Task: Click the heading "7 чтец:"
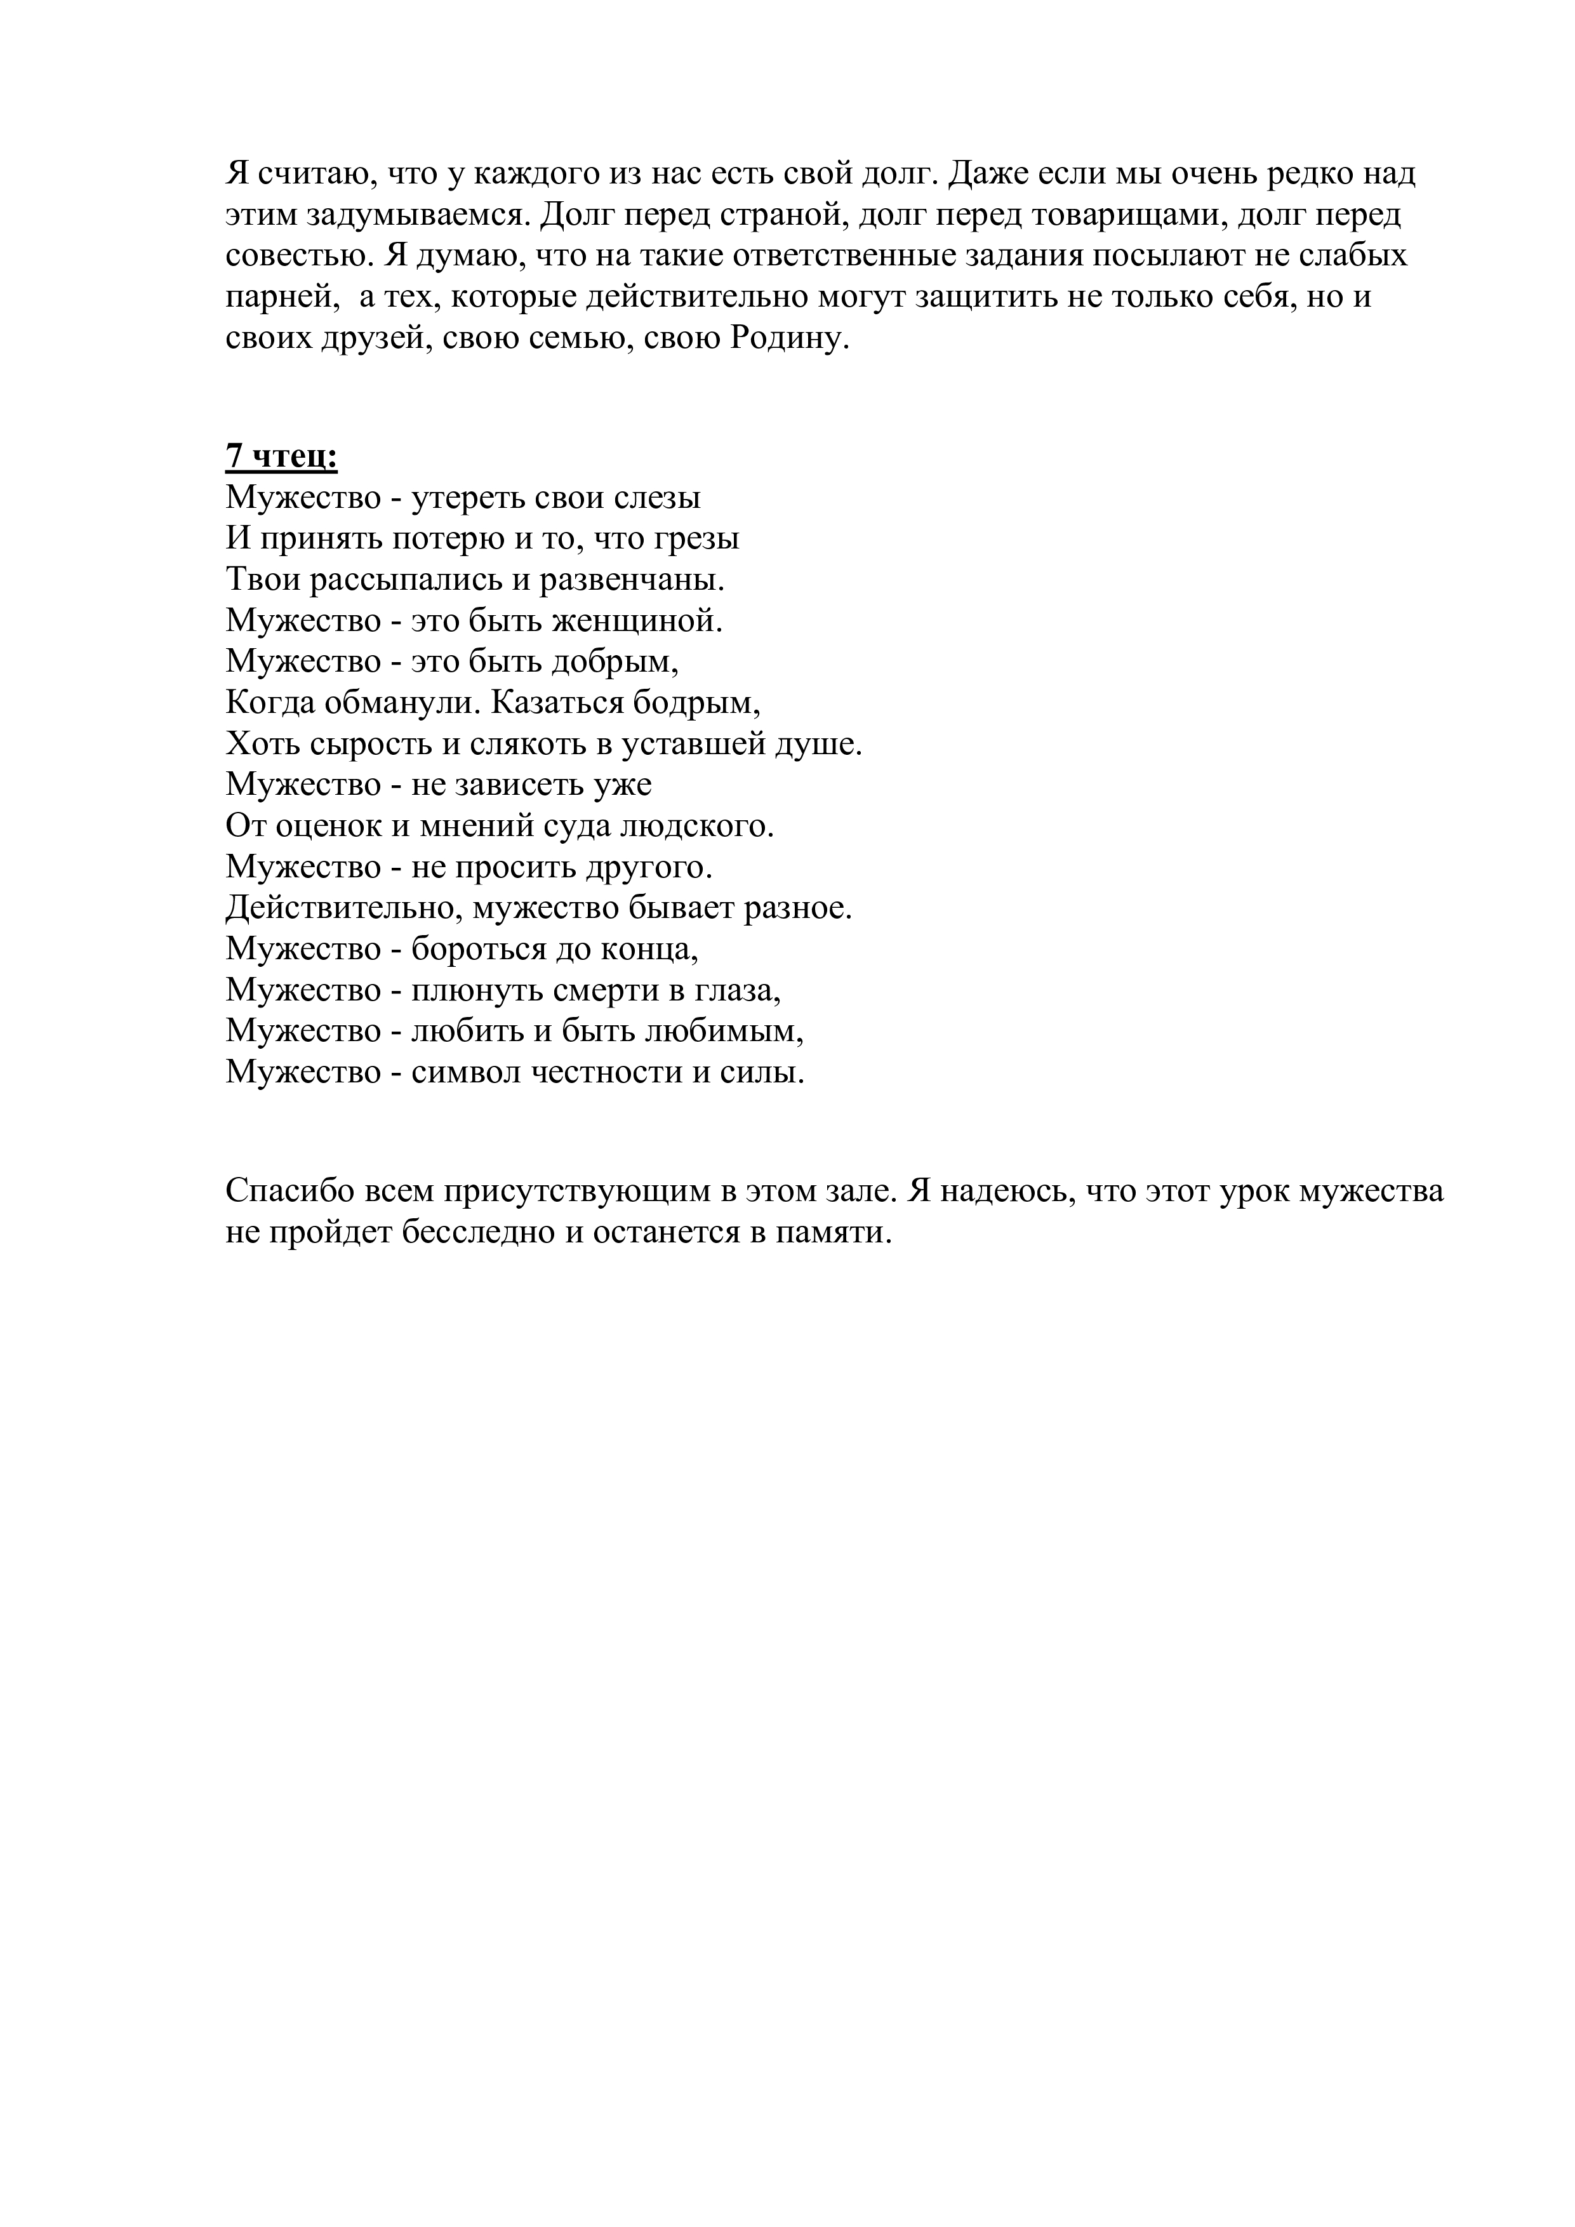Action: click(x=281, y=456)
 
